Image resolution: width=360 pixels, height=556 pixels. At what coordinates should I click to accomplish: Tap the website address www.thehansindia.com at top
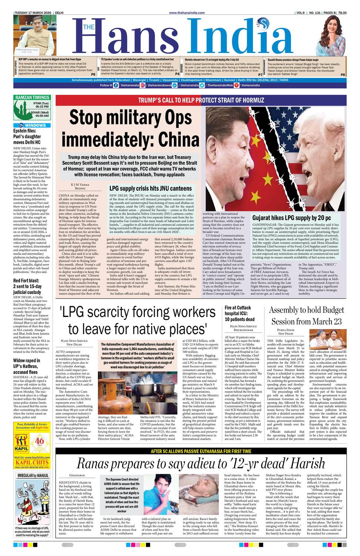click(x=187, y=13)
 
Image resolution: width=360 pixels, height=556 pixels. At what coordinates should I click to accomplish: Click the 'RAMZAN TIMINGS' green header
click(x=32, y=97)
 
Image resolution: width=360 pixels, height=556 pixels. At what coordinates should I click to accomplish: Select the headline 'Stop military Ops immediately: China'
click(x=130, y=128)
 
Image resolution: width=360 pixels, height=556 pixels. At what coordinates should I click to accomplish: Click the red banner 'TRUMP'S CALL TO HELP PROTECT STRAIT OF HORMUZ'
click(x=201, y=100)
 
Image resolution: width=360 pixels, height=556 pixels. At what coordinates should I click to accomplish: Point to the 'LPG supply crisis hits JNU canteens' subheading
click(x=150, y=188)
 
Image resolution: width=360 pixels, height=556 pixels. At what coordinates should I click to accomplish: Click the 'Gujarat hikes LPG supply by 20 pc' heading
click(x=291, y=218)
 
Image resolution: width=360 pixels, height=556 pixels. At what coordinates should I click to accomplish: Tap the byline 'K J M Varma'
click(x=80, y=184)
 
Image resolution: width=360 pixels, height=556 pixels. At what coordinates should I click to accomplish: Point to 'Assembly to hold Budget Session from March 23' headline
click(x=306, y=315)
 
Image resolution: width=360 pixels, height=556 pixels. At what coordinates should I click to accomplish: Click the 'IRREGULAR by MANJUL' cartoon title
click(x=33, y=475)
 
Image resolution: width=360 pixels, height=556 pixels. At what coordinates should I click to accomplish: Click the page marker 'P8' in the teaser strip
click(x=343, y=75)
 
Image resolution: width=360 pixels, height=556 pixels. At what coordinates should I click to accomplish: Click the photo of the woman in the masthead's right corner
click(x=332, y=35)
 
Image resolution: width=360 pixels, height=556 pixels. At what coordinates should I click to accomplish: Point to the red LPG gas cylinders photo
click(x=113, y=393)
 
